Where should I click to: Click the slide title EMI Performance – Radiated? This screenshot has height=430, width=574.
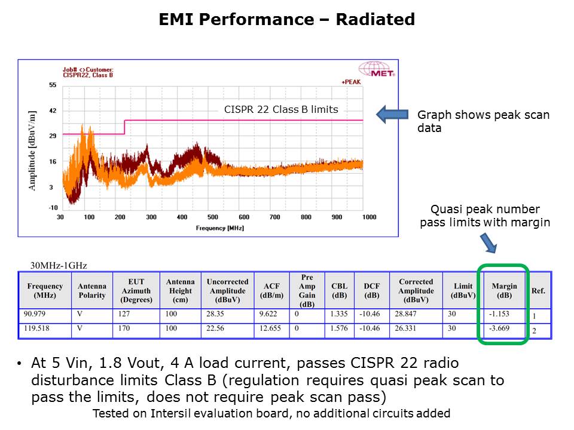click(x=287, y=20)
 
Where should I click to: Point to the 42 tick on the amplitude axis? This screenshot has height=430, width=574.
click(x=53, y=111)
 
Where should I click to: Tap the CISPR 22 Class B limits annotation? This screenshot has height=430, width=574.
click(x=281, y=109)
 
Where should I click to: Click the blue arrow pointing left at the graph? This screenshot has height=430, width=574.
click(x=390, y=115)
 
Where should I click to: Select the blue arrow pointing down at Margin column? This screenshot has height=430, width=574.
click(x=488, y=242)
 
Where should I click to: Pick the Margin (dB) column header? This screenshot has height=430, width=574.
click(x=503, y=291)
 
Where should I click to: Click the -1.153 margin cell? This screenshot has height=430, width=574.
click(x=499, y=314)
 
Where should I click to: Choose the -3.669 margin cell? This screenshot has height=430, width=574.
click(x=499, y=328)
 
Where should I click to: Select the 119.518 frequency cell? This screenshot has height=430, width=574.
click(x=39, y=328)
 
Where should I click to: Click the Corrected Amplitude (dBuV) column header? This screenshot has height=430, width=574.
click(x=416, y=291)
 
